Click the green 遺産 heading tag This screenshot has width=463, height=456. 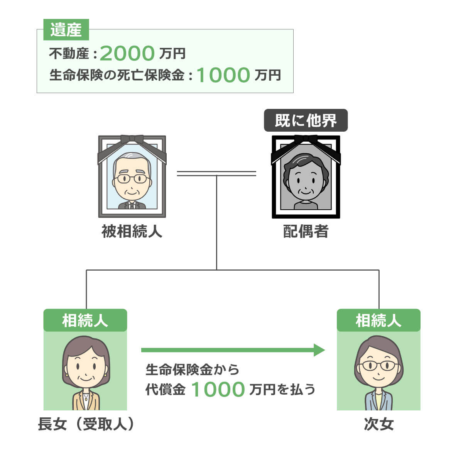[66, 30]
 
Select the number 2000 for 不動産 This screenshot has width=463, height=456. [127, 54]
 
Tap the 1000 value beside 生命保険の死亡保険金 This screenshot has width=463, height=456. [223, 75]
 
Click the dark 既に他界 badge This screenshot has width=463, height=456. [306, 121]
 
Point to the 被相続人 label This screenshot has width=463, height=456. [132, 232]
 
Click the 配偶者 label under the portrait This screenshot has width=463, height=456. [306, 232]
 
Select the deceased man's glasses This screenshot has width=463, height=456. [132, 179]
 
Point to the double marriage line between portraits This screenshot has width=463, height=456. [216, 173]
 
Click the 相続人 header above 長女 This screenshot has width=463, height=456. [85, 320]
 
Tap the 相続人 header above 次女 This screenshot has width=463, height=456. [379, 320]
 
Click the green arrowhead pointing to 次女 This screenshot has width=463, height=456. [319, 350]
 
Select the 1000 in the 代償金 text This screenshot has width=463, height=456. [218, 390]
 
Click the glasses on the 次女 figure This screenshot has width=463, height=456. [379, 366]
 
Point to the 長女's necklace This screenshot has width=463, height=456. [86, 396]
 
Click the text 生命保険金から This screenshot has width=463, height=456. [192, 370]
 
